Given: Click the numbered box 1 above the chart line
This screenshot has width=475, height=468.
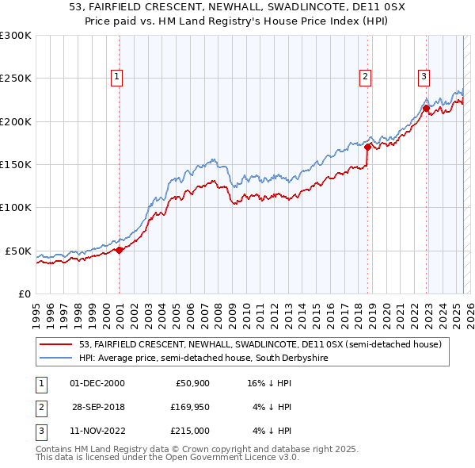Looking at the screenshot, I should point(116,77).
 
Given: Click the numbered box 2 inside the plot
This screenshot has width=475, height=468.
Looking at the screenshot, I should point(365,77).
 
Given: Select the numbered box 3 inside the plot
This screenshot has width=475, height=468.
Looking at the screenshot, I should point(424,77).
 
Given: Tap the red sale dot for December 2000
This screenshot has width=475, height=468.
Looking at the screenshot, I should point(120,250).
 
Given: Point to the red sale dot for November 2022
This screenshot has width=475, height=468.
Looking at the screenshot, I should point(426,108).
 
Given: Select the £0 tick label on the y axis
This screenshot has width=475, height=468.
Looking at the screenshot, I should point(23,293).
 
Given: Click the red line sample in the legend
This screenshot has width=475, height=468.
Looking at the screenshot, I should point(56,344).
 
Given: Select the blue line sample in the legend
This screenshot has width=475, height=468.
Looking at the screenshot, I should point(56,359).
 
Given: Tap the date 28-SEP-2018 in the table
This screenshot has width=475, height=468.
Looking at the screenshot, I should point(98,407).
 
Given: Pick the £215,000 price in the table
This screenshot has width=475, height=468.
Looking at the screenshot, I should point(189,431).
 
